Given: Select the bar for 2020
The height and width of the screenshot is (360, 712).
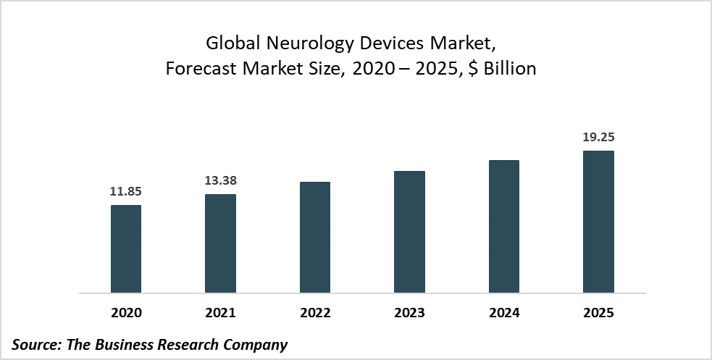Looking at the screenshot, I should (126, 249).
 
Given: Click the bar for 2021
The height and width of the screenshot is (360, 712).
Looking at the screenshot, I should (220, 243).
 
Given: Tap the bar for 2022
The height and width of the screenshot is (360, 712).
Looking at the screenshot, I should (314, 238).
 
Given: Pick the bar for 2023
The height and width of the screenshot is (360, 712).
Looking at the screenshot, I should (409, 232).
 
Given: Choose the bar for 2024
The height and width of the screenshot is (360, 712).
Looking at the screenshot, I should (504, 227).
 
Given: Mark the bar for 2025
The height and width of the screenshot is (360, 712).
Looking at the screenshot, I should (598, 222).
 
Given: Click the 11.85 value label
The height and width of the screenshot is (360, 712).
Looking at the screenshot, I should (126, 193).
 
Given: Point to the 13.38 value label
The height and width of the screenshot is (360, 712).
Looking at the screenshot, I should (220, 181).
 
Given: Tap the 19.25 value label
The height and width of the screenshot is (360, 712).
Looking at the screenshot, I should (598, 138).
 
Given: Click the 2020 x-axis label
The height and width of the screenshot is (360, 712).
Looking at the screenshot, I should (126, 313).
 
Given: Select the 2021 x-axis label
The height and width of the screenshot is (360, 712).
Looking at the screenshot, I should (220, 313).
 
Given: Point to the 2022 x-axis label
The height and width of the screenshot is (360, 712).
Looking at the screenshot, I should (314, 313).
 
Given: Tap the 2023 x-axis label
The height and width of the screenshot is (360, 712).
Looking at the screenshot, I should (409, 313).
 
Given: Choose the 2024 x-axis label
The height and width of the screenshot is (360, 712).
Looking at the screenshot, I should (504, 313).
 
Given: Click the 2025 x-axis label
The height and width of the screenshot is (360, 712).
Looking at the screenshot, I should (598, 313).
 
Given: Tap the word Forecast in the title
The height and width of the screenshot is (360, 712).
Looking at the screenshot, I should (196, 69).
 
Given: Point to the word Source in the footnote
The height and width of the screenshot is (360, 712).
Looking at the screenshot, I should (35, 344).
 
